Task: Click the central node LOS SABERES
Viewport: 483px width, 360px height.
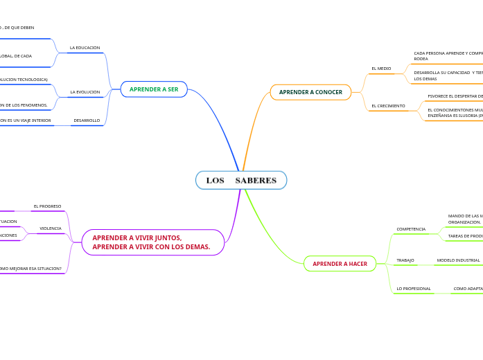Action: click(x=241, y=181)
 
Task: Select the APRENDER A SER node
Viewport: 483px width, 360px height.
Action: click(x=154, y=89)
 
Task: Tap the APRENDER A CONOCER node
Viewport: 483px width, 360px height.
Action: click(x=310, y=92)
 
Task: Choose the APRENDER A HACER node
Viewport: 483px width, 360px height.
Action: click(x=340, y=264)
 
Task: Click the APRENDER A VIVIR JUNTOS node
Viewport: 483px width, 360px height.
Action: click(x=153, y=242)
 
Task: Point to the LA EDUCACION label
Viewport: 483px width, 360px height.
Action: click(x=85, y=48)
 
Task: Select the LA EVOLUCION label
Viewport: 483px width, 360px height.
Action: click(x=85, y=92)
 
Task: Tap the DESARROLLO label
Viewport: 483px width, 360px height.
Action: click(x=87, y=120)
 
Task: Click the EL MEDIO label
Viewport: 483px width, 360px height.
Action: click(x=381, y=69)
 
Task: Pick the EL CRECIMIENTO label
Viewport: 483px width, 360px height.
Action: click(x=388, y=106)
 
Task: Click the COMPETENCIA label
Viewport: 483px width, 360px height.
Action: click(x=411, y=228)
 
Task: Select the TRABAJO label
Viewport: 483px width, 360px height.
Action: click(x=405, y=260)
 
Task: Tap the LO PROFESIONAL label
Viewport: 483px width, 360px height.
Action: click(x=413, y=288)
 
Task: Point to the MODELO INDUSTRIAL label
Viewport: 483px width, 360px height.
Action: click(x=458, y=260)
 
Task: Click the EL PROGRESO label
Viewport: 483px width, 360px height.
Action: click(x=47, y=206)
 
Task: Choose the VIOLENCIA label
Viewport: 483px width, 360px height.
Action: click(x=50, y=228)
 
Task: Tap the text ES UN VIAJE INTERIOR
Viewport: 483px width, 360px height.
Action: click(x=25, y=120)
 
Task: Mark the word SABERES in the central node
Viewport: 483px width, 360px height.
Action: click(x=256, y=181)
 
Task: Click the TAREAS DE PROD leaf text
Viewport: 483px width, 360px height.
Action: click(x=465, y=236)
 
